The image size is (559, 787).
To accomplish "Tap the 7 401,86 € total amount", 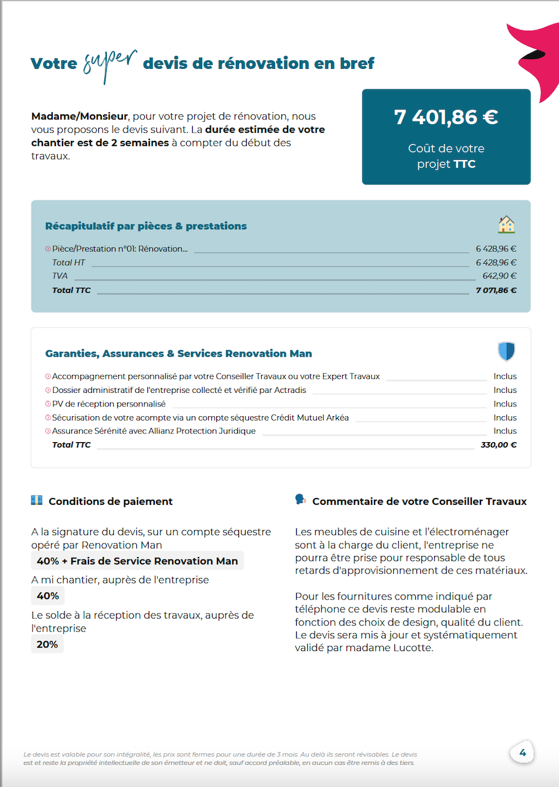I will tap(446, 117).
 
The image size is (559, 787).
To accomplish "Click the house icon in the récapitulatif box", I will tap(506, 224).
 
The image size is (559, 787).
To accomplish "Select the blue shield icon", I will tap(506, 352).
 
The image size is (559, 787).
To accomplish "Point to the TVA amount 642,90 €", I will tap(499, 276).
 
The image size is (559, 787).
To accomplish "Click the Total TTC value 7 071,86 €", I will tap(496, 290).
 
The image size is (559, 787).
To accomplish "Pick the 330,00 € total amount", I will tap(498, 445).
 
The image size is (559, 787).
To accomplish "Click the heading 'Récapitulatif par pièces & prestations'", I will tap(146, 226).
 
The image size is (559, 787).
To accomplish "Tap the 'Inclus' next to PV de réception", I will tap(505, 404).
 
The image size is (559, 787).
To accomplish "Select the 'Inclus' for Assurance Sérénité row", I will tap(505, 431).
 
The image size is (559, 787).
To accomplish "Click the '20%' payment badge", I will tap(47, 644).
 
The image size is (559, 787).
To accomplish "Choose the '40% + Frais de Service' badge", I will tap(137, 561).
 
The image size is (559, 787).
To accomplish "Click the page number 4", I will tap(523, 753).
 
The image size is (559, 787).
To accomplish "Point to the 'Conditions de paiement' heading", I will tap(111, 502).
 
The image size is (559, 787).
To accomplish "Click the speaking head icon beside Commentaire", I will tap(300, 500).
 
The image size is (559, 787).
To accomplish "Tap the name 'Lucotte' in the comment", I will tap(413, 647).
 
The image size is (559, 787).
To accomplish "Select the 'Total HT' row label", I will tap(68, 263).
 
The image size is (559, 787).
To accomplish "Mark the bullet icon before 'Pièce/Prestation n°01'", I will tap(48, 249).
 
